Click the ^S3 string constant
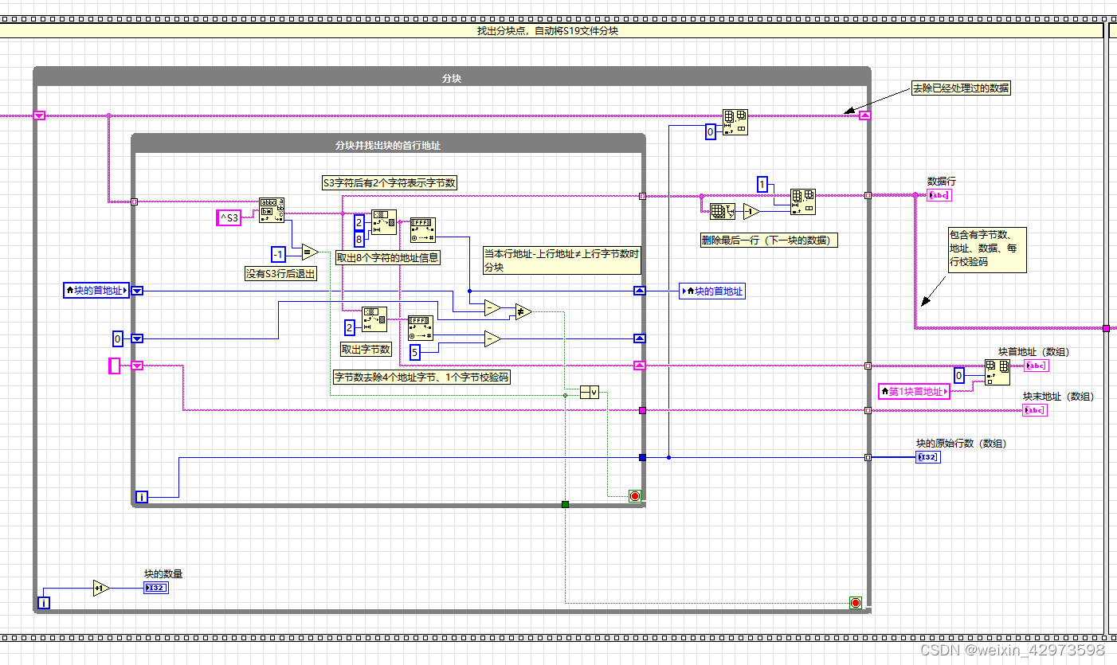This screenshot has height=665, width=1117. (x=229, y=217)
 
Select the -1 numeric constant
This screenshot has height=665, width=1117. (x=278, y=254)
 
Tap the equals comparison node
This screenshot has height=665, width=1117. (x=309, y=252)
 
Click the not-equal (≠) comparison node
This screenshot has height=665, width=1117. (x=523, y=312)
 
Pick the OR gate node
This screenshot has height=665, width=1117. (x=589, y=392)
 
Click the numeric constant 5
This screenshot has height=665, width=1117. (x=414, y=351)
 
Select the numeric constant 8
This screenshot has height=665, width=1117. (x=359, y=238)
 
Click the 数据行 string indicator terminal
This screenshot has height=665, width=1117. (x=939, y=195)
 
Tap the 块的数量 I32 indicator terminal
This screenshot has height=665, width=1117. (x=155, y=589)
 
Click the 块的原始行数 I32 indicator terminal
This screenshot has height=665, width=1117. (x=928, y=457)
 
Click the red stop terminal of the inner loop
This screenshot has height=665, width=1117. (x=634, y=496)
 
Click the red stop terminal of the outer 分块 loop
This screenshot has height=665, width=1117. (x=856, y=603)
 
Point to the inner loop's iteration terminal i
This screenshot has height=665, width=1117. (x=142, y=497)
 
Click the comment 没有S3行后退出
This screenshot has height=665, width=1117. (x=280, y=273)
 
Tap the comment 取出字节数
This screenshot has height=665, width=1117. (x=366, y=349)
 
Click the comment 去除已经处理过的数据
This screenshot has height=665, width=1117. (x=961, y=88)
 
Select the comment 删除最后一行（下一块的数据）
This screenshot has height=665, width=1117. (x=768, y=240)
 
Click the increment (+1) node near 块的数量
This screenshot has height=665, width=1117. (x=101, y=588)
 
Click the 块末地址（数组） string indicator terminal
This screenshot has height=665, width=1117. (x=1035, y=410)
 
